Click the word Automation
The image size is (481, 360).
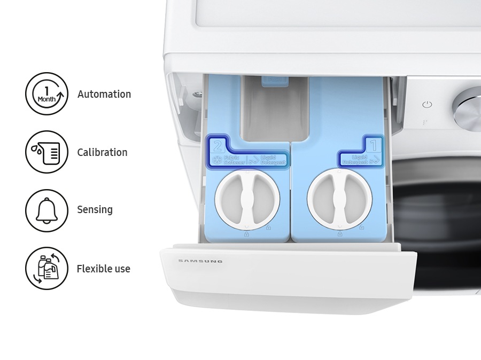tap(104, 94)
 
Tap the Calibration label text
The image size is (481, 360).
tap(102, 152)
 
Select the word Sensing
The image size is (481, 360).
tap(95, 209)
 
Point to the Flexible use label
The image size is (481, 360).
tap(103, 269)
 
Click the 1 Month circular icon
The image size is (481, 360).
tap(46, 94)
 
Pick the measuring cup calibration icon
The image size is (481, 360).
tap(46, 152)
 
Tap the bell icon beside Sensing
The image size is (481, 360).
tap(46, 210)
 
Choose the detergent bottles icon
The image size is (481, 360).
tap(46, 268)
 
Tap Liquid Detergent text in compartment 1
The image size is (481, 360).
tap(355, 159)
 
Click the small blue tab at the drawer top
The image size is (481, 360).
tap(274, 80)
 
